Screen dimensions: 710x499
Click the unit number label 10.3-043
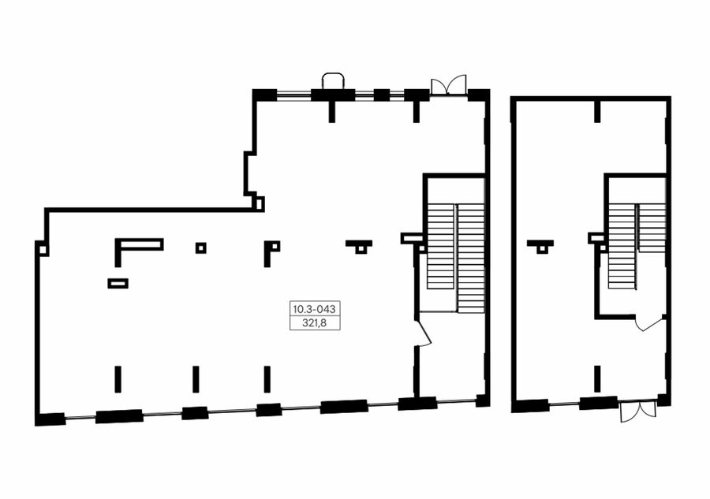[315, 310]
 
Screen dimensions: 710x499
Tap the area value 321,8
[315, 322]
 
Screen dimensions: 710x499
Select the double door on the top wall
[448, 84]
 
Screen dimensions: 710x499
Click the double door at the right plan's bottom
[638, 411]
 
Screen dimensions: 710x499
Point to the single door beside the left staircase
[424, 333]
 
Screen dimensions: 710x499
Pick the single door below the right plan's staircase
[650, 323]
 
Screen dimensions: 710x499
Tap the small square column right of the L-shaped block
[201, 248]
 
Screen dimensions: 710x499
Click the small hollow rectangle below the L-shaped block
[118, 283]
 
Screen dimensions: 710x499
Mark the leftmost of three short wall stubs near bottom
[118, 379]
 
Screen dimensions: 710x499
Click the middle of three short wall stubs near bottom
[196, 379]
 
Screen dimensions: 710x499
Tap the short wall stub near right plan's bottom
[597, 378]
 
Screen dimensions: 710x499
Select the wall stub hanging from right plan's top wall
[597, 111]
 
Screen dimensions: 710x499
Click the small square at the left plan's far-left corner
[42, 249]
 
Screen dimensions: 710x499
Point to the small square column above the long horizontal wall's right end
[259, 203]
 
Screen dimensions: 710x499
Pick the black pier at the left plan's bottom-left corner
[50, 419]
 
